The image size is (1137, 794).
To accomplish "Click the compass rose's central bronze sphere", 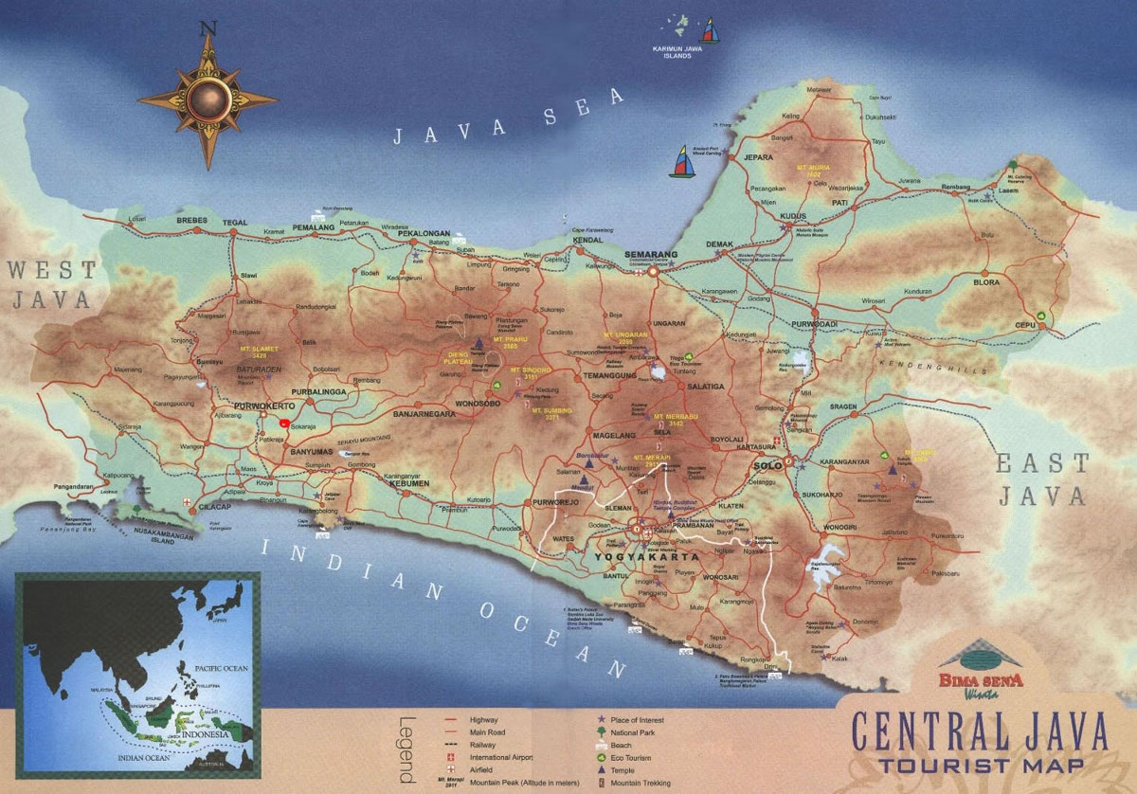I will pyautogui.click(x=207, y=97).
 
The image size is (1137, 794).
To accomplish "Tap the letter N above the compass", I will pyautogui.click(x=208, y=28).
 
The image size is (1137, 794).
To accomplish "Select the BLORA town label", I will pyautogui.click(x=986, y=281).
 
